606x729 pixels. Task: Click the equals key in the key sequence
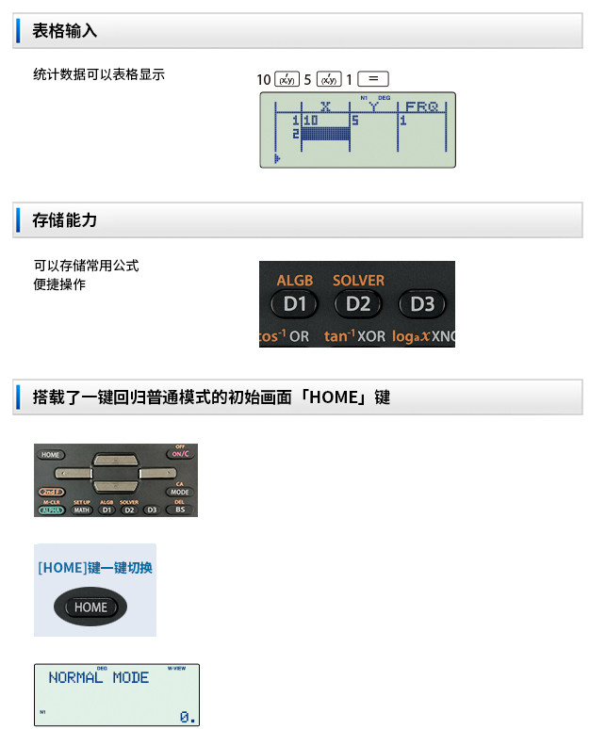point(373,80)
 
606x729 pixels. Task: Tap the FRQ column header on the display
point(422,106)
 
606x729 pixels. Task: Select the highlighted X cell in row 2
point(325,134)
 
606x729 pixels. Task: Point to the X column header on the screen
point(325,106)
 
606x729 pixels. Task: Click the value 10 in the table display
point(310,121)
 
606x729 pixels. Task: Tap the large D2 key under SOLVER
point(357,303)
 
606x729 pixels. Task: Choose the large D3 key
point(421,303)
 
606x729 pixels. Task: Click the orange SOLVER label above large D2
point(358,281)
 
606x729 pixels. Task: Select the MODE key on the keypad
point(179,492)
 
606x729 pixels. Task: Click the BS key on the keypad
point(179,510)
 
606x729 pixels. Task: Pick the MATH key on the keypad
point(82,510)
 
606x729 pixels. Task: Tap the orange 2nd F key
point(51,492)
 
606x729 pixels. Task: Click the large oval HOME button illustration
point(91,607)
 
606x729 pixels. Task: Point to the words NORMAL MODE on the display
point(98,678)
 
